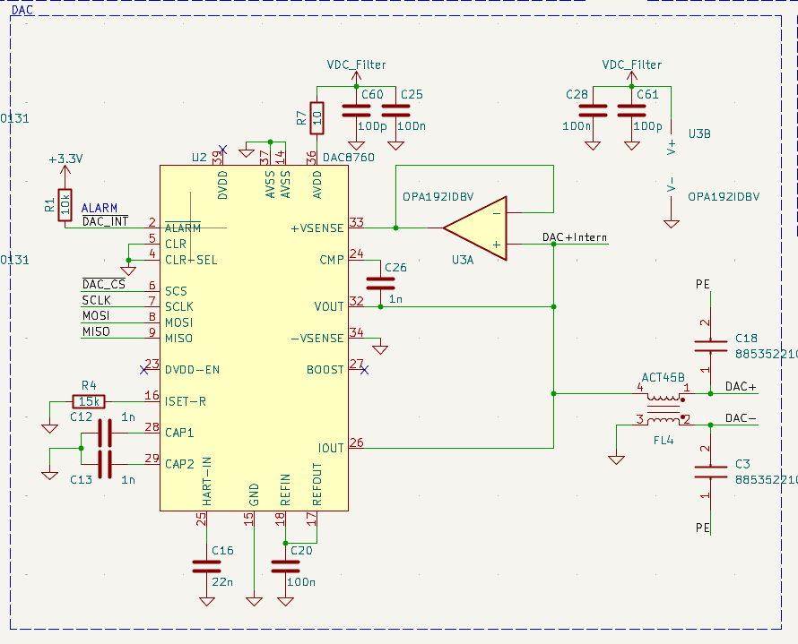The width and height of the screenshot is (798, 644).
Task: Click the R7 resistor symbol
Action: [x=317, y=118]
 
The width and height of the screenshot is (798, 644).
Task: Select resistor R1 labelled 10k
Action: [x=65, y=205]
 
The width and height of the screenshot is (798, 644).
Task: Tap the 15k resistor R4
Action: [x=89, y=401]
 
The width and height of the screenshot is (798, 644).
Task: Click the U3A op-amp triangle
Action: [x=475, y=228]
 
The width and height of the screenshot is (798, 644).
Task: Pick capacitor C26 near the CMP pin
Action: [x=381, y=284]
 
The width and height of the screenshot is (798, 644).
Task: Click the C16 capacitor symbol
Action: [x=206, y=567]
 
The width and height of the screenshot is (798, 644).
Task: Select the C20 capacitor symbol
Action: [x=285, y=567]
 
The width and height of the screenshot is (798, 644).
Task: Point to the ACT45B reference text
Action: [x=663, y=378]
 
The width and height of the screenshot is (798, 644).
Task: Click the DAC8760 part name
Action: [x=349, y=158]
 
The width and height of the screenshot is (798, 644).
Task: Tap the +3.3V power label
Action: [x=65, y=159]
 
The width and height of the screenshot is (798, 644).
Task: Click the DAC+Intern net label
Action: [x=575, y=237]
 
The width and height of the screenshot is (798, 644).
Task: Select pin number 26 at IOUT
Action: [x=356, y=442]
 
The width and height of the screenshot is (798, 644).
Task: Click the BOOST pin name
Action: [x=325, y=370]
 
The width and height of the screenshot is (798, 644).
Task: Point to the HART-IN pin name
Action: [x=206, y=482]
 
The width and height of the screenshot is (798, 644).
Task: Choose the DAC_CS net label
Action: [x=104, y=284]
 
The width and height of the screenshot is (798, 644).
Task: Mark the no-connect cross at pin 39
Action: [x=222, y=150]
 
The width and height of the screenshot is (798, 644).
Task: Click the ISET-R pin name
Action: [x=186, y=401]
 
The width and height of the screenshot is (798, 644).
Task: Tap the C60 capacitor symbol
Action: [x=356, y=111]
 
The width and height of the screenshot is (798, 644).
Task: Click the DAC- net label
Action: [x=741, y=417]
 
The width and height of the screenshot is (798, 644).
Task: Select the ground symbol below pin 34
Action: [x=380, y=349]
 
